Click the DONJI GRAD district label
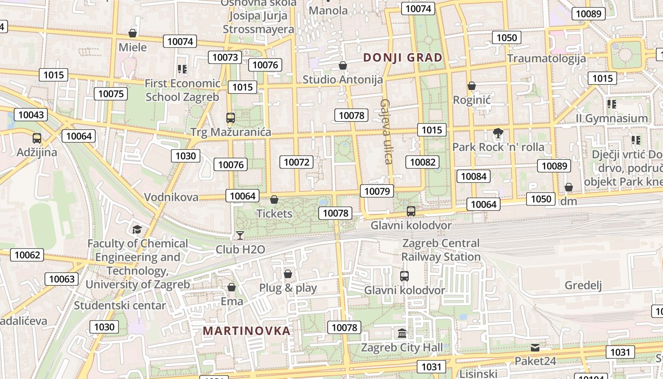coord(403,58)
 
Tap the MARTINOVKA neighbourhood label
coord(246,331)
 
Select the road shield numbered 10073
coord(225,58)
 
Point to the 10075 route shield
coord(111,94)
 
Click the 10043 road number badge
coord(31,115)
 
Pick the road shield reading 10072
coord(296,162)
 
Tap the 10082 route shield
coord(422,162)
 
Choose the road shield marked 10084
coord(474,177)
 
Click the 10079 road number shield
coord(377,191)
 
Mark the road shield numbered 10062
coord(27,255)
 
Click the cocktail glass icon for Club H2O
coord(240,235)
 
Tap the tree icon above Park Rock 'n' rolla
coord(498,133)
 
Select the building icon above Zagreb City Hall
coord(402,334)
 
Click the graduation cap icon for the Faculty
coord(137,230)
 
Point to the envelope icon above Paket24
coord(535,347)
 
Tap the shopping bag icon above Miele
coord(133,33)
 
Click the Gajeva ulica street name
coord(386,131)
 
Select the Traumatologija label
coord(547,58)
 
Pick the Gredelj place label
coord(583,285)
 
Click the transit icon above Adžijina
coord(37,138)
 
